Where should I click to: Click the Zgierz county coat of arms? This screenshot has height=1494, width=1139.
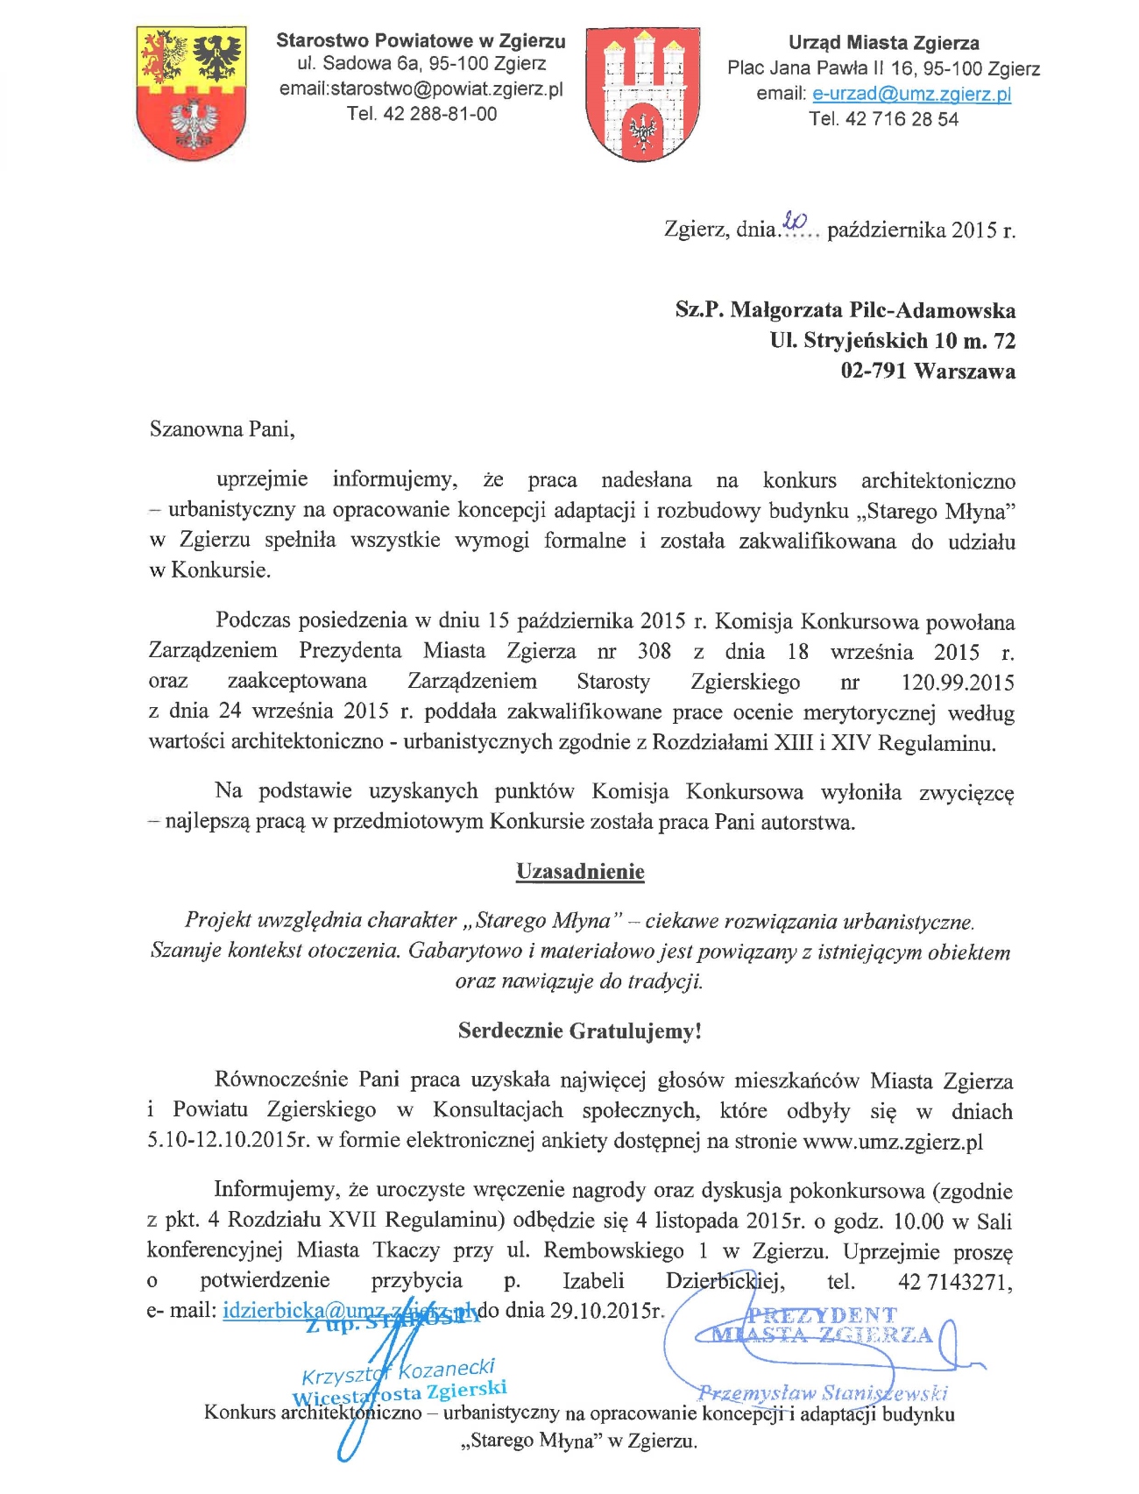point(191,92)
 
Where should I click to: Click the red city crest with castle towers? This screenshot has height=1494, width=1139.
point(642,94)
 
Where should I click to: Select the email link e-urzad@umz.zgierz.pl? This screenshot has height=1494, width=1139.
point(911,94)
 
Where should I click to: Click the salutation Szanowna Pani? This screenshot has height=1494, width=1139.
point(222,429)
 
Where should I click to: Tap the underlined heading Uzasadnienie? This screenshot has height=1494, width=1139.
point(580,872)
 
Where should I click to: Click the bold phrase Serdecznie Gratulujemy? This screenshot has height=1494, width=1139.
point(580,1030)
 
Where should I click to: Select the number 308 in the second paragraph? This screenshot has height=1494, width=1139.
point(654,651)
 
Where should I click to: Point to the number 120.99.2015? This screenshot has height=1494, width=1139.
point(957,682)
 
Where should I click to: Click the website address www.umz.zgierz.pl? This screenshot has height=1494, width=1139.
point(893,1142)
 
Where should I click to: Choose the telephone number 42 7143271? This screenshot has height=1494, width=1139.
point(954,1282)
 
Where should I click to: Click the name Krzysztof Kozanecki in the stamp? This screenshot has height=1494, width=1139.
point(399,1371)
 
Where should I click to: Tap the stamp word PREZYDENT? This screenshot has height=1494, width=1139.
point(822,1314)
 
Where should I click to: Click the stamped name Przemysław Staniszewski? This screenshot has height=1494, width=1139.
point(822,1391)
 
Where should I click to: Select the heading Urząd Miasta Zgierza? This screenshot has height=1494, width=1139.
point(883,43)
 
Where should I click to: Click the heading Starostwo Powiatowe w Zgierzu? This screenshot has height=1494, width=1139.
point(421,41)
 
